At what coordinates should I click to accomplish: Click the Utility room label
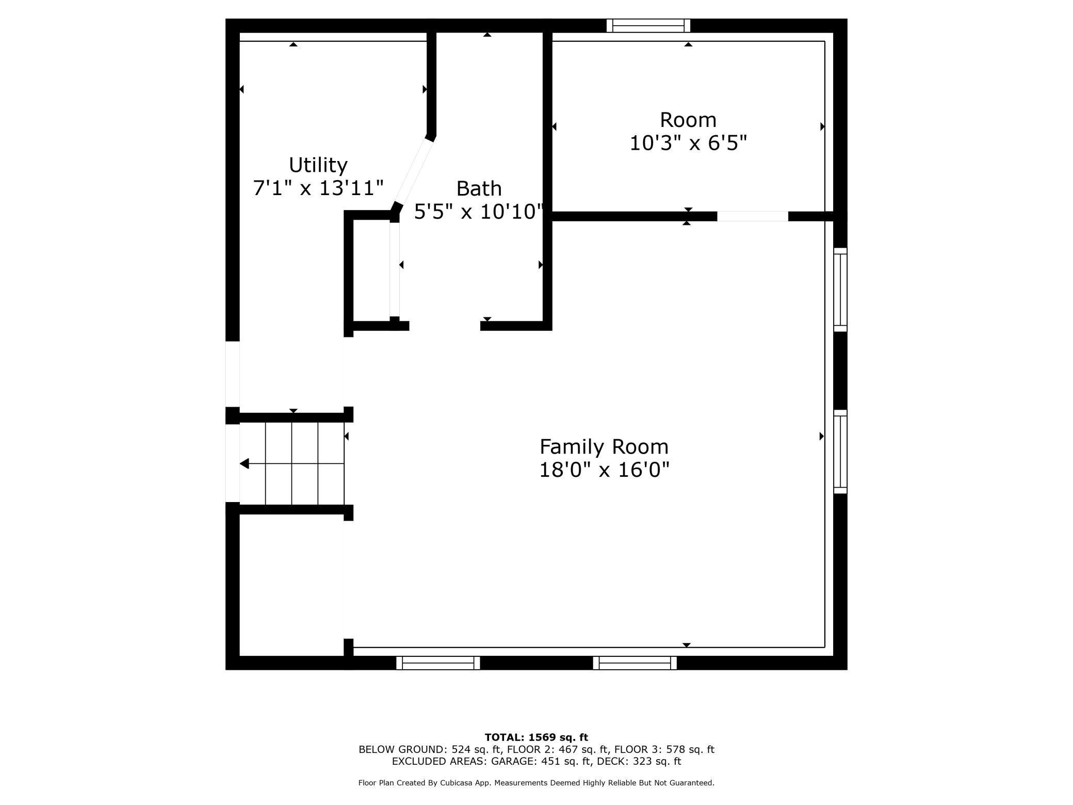click(x=318, y=165)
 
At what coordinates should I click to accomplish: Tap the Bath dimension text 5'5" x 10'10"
click(x=478, y=212)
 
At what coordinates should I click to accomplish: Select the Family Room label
click(x=604, y=446)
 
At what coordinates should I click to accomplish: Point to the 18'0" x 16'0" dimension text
click(x=604, y=470)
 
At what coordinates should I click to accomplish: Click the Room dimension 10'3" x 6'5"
click(x=688, y=143)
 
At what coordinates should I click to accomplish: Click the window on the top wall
click(x=648, y=25)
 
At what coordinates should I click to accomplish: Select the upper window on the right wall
click(x=840, y=289)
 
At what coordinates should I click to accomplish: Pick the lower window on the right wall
click(x=840, y=452)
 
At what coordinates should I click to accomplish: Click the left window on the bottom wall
click(x=437, y=663)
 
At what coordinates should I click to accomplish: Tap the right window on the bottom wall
click(x=635, y=663)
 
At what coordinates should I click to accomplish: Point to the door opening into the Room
click(x=752, y=216)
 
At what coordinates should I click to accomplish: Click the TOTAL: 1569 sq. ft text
click(x=536, y=737)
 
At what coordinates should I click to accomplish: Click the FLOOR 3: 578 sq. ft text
click(x=664, y=749)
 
